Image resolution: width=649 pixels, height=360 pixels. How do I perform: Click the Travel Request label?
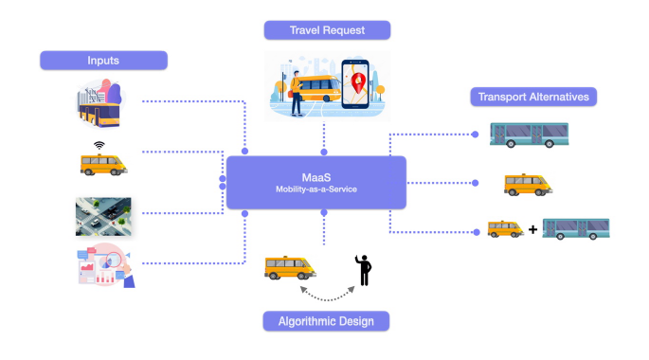[327, 29]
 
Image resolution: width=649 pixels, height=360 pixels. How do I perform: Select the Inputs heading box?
[103, 61]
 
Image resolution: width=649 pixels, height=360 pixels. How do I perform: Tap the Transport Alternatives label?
[534, 96]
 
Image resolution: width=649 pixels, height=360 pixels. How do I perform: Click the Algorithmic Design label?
[326, 321]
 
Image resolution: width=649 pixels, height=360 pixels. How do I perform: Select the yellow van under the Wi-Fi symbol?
[102, 165]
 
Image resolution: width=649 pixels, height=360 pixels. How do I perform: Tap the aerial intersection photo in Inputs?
[103, 216]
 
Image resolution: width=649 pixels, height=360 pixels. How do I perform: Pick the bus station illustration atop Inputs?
[101, 104]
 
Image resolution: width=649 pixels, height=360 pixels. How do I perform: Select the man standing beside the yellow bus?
[297, 92]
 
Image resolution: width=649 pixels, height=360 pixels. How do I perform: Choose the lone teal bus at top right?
[529, 135]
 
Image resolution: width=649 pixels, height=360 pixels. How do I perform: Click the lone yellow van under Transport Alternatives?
[528, 184]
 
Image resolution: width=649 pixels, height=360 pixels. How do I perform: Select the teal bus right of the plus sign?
[575, 228]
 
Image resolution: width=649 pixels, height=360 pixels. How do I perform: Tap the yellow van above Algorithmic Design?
[290, 268]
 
